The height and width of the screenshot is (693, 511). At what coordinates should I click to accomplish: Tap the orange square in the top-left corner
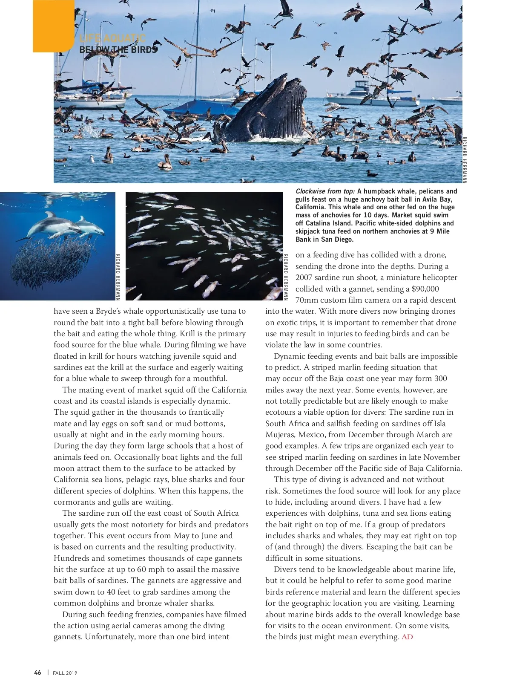(53, 26)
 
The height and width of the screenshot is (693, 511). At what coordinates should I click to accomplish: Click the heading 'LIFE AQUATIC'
(112, 39)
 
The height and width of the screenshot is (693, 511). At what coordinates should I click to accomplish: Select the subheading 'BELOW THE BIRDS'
(118, 49)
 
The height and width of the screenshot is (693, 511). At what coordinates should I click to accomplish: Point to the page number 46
(38, 673)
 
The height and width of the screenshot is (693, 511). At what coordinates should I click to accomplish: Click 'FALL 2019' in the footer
(65, 673)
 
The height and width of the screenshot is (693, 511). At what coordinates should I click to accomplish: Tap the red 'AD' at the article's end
(407, 637)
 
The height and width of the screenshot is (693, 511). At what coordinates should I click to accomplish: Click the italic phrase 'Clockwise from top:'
(325, 191)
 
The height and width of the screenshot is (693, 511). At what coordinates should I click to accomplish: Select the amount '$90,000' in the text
(425, 289)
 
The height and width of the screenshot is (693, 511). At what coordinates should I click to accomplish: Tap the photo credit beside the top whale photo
(465, 160)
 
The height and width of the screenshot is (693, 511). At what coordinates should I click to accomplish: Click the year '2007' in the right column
(304, 278)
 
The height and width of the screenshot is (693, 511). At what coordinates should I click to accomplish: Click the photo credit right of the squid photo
(286, 277)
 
